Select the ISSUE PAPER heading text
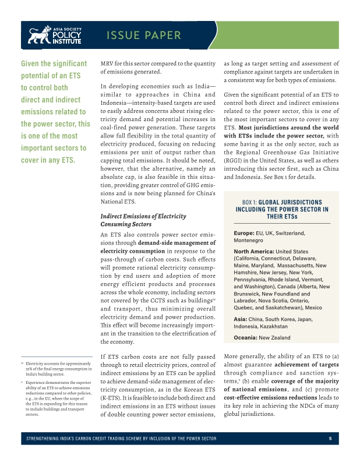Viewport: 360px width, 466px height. [x=144, y=36]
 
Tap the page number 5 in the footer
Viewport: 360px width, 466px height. [x=330, y=439]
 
